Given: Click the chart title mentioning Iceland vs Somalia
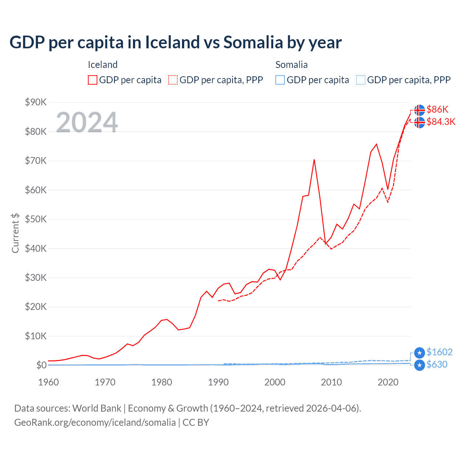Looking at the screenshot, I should pos(175,42).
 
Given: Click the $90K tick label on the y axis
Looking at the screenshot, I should pos(36,102).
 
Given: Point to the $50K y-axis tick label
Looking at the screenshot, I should pos(36,219).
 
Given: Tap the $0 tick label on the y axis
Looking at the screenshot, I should pos(41,365).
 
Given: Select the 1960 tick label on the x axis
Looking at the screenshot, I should pos(48,382).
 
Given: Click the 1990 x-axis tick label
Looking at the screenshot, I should pos(218,382).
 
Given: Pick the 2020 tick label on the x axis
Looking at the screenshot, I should pos(388,382).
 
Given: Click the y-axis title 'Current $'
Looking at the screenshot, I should pos(15,233).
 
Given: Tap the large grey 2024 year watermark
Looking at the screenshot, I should pos(87,122).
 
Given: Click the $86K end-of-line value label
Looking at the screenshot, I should pos(437,109).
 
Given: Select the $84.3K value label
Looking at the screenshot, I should pos(441,122).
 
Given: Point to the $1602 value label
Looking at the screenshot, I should pos(439,352).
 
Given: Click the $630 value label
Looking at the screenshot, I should pos(437,364).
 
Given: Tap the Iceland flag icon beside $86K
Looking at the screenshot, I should pos(420,110).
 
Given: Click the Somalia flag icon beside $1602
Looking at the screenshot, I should pos(420,353).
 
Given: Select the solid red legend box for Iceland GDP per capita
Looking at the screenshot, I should pos(93,80).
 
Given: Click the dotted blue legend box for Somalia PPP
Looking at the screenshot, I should pos(361,80).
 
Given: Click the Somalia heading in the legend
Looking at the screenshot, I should pos(291,65).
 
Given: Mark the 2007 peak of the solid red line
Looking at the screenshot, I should pos(314,159).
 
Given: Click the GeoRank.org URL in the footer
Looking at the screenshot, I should pos(95,422).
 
